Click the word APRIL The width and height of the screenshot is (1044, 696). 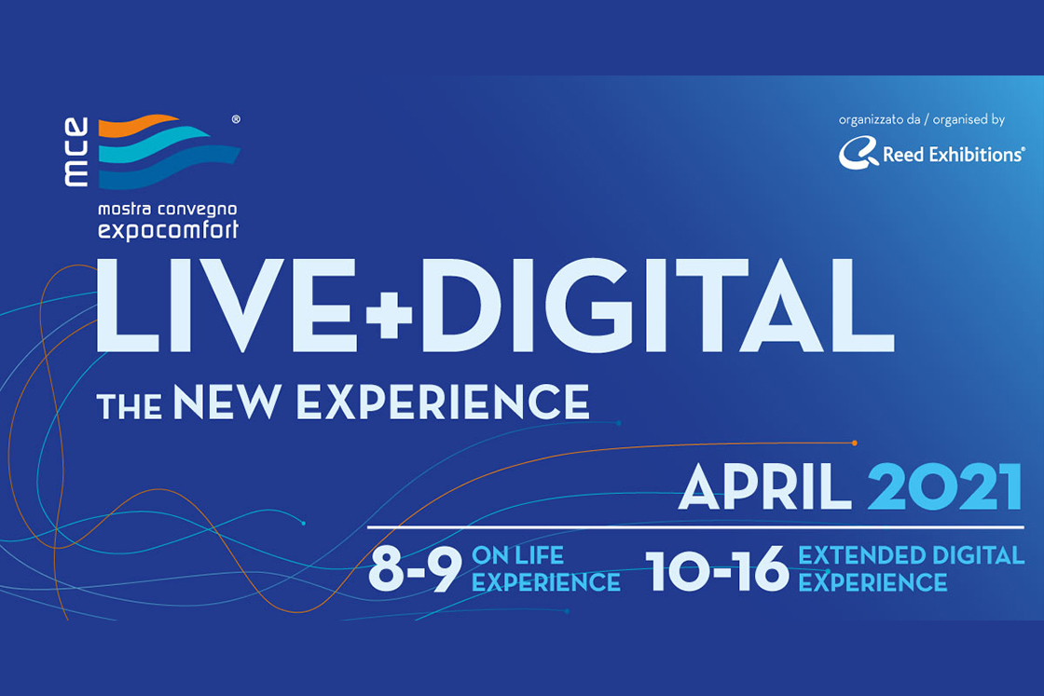tap(764, 486)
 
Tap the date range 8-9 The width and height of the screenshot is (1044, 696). tap(415, 570)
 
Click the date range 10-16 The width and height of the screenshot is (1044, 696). tap(717, 570)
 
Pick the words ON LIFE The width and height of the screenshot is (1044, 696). tap(518, 556)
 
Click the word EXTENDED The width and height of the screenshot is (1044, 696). tap(856, 556)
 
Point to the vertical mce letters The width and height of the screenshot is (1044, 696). tap(77, 152)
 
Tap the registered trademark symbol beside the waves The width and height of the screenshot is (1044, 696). tap(235, 120)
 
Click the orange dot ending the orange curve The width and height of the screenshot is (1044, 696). tap(855, 443)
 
